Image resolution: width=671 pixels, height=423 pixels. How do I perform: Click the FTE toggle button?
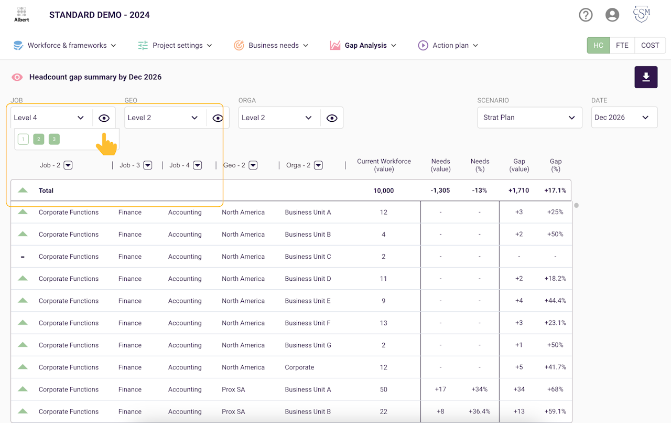[622, 45]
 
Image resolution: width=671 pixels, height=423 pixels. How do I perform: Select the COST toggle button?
[650, 45]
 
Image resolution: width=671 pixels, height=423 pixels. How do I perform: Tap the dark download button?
[646, 77]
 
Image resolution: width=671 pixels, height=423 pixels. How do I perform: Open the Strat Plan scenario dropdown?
[529, 118]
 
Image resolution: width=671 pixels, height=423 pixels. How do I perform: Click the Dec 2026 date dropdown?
[624, 118]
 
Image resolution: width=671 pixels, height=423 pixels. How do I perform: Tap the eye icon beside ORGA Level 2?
[332, 118]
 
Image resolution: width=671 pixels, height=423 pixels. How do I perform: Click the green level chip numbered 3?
[54, 139]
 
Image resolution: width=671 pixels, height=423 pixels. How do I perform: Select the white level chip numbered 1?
[23, 139]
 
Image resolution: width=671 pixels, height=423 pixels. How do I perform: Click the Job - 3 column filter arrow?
[148, 165]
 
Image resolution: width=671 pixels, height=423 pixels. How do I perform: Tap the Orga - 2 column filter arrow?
[318, 165]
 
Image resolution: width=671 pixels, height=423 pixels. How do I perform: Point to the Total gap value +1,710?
[518, 191]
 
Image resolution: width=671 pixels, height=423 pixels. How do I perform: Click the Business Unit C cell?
[308, 257]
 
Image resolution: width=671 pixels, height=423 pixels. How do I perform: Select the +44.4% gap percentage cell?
[555, 301]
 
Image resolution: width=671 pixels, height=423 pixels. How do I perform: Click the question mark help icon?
[586, 15]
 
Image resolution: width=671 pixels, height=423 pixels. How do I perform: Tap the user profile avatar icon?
[612, 15]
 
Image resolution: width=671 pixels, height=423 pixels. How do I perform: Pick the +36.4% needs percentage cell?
[479, 411]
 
